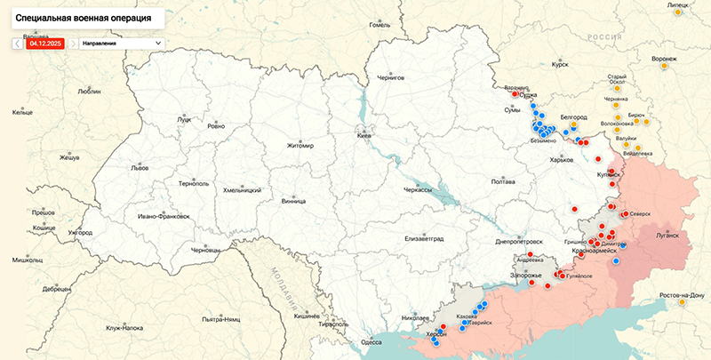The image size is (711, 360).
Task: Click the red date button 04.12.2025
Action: click(45, 42)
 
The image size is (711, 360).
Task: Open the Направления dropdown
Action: click(122, 42)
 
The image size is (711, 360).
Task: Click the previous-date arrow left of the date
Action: click(18, 42)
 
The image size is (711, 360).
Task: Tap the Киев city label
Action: click(364, 136)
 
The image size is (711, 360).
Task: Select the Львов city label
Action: click(115, 167)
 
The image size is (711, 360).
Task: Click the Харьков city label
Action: click(562, 159)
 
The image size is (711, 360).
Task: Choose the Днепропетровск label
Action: click(518, 241)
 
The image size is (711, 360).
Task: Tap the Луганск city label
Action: click(667, 236)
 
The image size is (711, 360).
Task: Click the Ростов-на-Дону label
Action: click(682, 294)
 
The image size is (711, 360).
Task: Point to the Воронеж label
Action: click(664, 59)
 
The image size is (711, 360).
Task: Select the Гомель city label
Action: click(380, 24)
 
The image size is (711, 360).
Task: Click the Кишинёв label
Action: click(307, 316)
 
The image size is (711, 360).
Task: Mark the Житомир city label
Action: click(300, 146)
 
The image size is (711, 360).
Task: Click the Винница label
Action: click(293, 201)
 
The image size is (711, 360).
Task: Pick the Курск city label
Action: click(560, 64)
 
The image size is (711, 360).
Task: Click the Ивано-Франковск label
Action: click(164, 216)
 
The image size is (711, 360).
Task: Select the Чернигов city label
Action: click(390, 78)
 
